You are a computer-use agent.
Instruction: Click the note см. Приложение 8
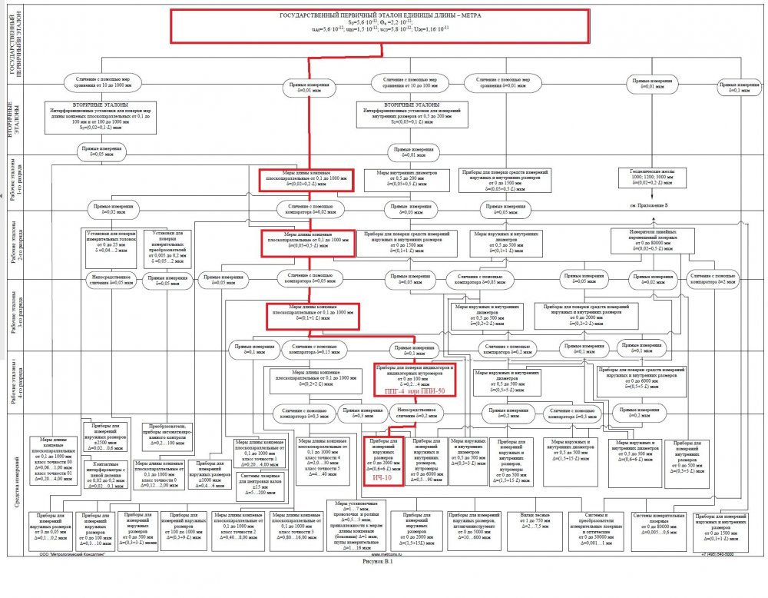click(x=649, y=207)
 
